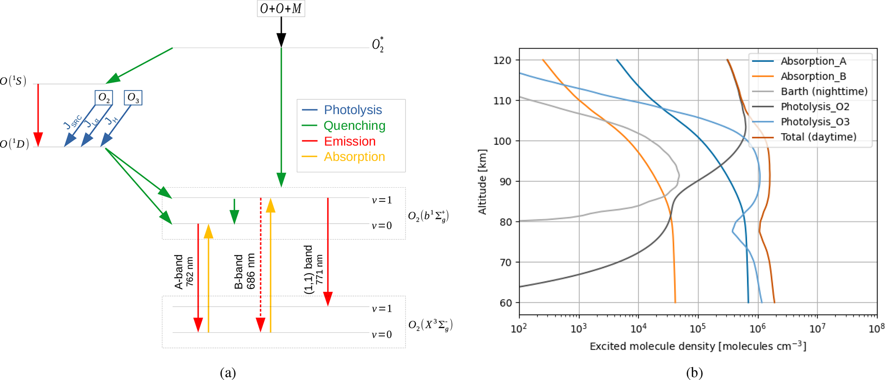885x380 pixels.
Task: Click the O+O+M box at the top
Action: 281,9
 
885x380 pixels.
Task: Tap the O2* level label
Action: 377,45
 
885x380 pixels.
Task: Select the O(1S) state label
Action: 13,81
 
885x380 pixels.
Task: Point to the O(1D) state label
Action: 15,144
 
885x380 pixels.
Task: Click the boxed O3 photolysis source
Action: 133,98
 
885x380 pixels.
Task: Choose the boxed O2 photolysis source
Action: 104,98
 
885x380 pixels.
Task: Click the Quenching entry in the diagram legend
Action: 354,126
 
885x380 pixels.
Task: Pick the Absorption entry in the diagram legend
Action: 354,157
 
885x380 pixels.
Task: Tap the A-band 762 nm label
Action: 184,272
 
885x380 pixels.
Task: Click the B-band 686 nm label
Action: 244,272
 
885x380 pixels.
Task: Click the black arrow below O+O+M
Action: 281,32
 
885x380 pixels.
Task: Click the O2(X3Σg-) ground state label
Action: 430,326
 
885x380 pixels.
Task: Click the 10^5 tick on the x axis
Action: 698,329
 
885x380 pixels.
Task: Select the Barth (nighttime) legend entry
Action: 824,92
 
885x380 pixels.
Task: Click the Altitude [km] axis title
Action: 483,182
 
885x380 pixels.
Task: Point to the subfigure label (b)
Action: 694,373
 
